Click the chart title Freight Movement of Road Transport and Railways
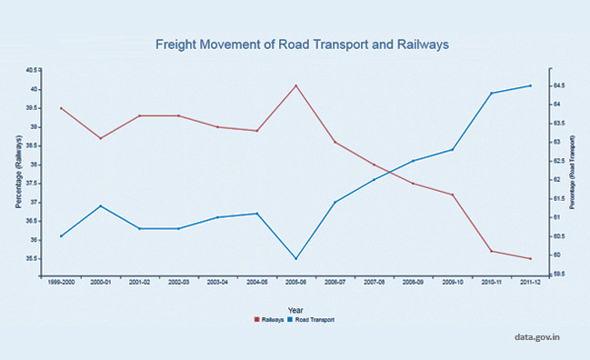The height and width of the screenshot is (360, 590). (x=302, y=44)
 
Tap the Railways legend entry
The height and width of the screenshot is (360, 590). (x=269, y=319)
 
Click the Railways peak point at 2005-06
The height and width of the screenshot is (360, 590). (x=295, y=85)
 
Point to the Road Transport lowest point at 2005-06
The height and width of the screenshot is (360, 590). (x=295, y=258)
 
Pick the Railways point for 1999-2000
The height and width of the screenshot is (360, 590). (x=61, y=108)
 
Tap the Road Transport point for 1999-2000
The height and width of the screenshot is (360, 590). (x=61, y=236)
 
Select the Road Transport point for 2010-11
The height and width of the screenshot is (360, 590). (x=492, y=93)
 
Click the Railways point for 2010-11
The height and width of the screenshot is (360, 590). (x=492, y=251)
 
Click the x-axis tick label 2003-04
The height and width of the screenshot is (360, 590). (x=217, y=283)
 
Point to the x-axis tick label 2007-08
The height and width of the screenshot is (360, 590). (x=374, y=283)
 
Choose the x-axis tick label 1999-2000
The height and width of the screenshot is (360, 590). (x=61, y=283)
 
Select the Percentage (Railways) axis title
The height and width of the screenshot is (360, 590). (x=18, y=171)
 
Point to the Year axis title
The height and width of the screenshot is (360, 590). (x=295, y=310)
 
